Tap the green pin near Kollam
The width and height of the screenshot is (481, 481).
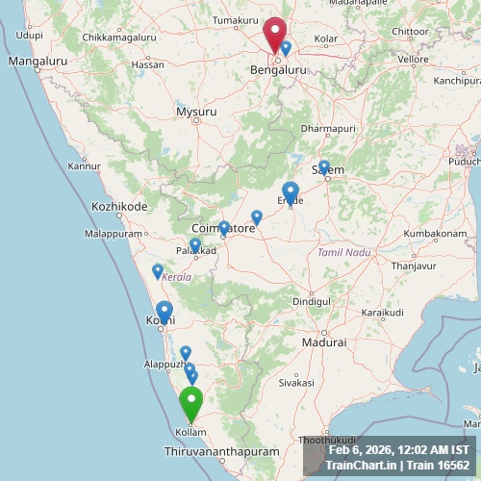point(191,402)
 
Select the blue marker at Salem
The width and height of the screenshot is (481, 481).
point(324,167)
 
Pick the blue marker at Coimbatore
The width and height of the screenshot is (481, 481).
point(224,228)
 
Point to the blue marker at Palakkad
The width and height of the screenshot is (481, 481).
point(195,245)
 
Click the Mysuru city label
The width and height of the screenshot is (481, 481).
point(196,112)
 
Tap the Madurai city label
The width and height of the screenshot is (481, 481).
point(323,342)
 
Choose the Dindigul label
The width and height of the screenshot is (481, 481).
point(311,301)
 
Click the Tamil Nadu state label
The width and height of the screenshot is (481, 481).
point(343,252)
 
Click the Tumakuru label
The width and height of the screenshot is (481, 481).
point(236,20)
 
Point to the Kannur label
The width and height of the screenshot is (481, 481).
point(84,165)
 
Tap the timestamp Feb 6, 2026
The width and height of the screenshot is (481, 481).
point(364,450)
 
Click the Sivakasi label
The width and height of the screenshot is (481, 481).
point(296,382)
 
